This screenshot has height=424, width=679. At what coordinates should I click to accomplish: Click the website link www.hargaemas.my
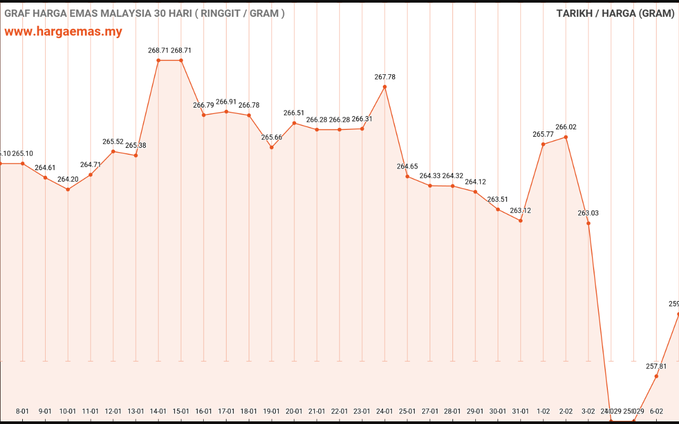pyautogui.click(x=63, y=31)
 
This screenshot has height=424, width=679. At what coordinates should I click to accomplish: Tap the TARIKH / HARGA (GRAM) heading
pyautogui.click(x=615, y=13)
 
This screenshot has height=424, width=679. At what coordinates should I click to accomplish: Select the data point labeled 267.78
pyautogui.click(x=385, y=86)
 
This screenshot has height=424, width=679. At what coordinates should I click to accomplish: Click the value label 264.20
pyautogui.click(x=68, y=179)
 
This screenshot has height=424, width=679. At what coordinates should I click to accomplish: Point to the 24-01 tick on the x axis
pyautogui.click(x=385, y=411)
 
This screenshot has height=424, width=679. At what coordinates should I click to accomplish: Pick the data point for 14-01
pyautogui.click(x=159, y=60)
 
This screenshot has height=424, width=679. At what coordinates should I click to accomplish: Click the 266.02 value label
pyautogui.click(x=565, y=127)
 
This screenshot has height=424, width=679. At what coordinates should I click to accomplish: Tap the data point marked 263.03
pyautogui.click(x=588, y=223)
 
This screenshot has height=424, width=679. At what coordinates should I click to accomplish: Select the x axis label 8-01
pyautogui.click(x=22, y=411)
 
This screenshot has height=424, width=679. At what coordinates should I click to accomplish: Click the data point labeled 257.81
pyautogui.click(x=656, y=376)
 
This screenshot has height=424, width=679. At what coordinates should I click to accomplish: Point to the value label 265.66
pyautogui.click(x=272, y=137)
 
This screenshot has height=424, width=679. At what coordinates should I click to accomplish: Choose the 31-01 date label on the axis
pyautogui.click(x=520, y=411)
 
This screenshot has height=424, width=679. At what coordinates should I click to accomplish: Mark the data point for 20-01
pyautogui.click(x=294, y=123)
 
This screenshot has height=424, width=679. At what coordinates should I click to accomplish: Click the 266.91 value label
pyautogui.click(x=226, y=102)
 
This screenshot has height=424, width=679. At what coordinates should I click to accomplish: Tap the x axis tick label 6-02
pyautogui.click(x=656, y=411)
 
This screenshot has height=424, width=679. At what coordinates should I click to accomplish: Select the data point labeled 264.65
pyautogui.click(x=407, y=176)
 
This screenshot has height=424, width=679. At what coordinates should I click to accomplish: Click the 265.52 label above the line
pyautogui.click(x=113, y=142)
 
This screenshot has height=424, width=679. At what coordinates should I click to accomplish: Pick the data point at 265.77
pyautogui.click(x=543, y=144)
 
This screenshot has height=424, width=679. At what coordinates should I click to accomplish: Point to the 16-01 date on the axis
pyautogui.click(x=204, y=411)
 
